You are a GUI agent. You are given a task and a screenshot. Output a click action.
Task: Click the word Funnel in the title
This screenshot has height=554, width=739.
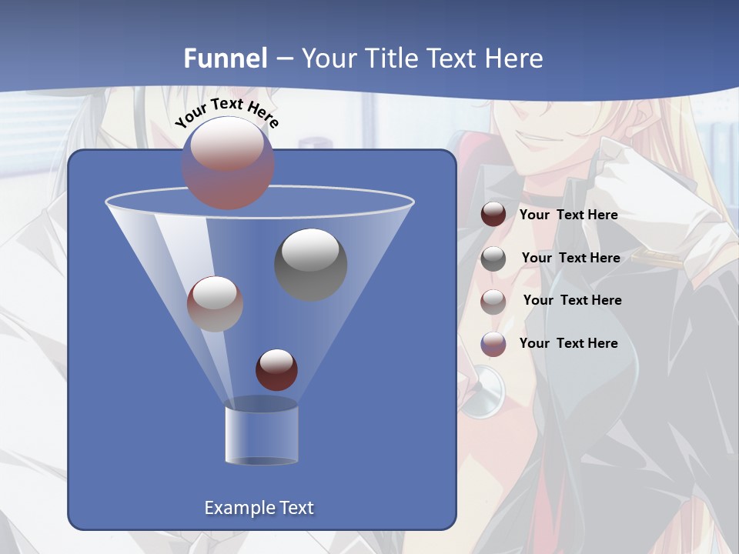click(x=226, y=58)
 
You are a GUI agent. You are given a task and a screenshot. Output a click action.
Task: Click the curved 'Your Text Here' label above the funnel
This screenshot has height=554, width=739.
click(x=227, y=112)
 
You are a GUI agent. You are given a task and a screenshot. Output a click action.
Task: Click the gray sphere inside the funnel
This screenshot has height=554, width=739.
click(x=311, y=264)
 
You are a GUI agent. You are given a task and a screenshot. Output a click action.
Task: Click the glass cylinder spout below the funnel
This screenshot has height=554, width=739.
click(x=261, y=432)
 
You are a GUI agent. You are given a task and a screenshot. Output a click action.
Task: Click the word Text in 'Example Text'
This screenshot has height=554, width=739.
click(x=296, y=508)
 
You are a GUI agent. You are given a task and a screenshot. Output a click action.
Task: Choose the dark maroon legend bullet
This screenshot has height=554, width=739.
click(x=493, y=215)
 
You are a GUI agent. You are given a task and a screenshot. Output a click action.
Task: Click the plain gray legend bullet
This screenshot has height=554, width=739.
click(x=493, y=259)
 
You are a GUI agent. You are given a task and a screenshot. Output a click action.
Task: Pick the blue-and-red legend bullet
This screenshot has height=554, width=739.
click(x=493, y=344)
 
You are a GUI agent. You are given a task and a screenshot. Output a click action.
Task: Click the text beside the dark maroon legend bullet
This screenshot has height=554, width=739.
click(x=568, y=215)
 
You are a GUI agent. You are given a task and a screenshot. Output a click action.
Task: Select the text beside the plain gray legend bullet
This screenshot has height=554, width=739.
click(x=570, y=258)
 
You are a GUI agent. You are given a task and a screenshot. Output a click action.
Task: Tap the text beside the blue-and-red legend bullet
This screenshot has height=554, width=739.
click(x=568, y=343)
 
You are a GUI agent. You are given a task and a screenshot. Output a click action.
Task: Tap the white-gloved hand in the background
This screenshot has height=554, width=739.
click(x=662, y=192)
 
